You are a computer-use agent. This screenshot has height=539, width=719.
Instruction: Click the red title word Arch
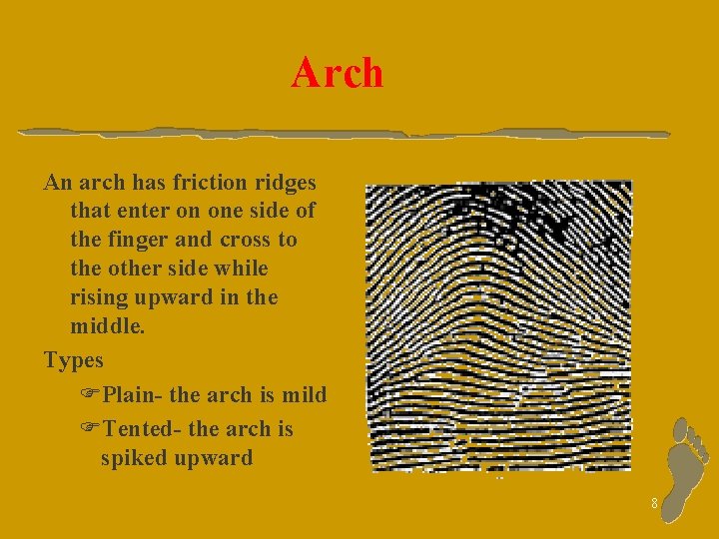(x=337, y=73)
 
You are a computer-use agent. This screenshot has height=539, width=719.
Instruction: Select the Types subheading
(x=74, y=359)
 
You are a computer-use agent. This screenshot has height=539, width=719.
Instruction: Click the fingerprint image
(x=498, y=325)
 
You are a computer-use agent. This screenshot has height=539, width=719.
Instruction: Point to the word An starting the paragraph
(x=56, y=183)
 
